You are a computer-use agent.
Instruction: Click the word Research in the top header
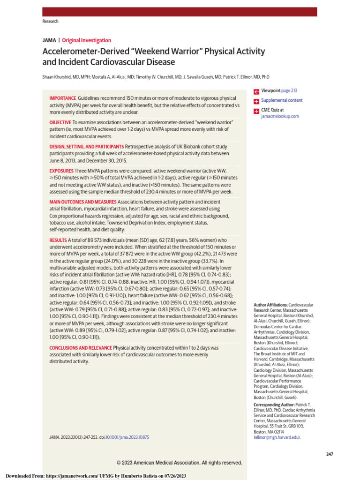51,22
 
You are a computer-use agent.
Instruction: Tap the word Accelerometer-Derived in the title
85,52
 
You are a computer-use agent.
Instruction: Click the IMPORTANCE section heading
62,98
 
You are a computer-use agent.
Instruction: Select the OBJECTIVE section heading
60,122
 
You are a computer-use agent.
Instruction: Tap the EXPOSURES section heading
61,171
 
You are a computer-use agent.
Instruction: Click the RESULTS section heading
58,240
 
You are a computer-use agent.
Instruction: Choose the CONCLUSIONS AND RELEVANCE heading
81,348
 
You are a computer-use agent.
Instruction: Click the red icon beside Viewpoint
256,91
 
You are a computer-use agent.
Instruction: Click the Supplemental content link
282,100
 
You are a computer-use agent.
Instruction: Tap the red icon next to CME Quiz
256,111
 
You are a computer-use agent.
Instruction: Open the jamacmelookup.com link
280,116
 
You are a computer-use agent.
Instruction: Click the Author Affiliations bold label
270,305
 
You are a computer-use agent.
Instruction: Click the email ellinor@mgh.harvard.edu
277,437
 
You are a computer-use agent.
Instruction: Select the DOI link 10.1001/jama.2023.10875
127,437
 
